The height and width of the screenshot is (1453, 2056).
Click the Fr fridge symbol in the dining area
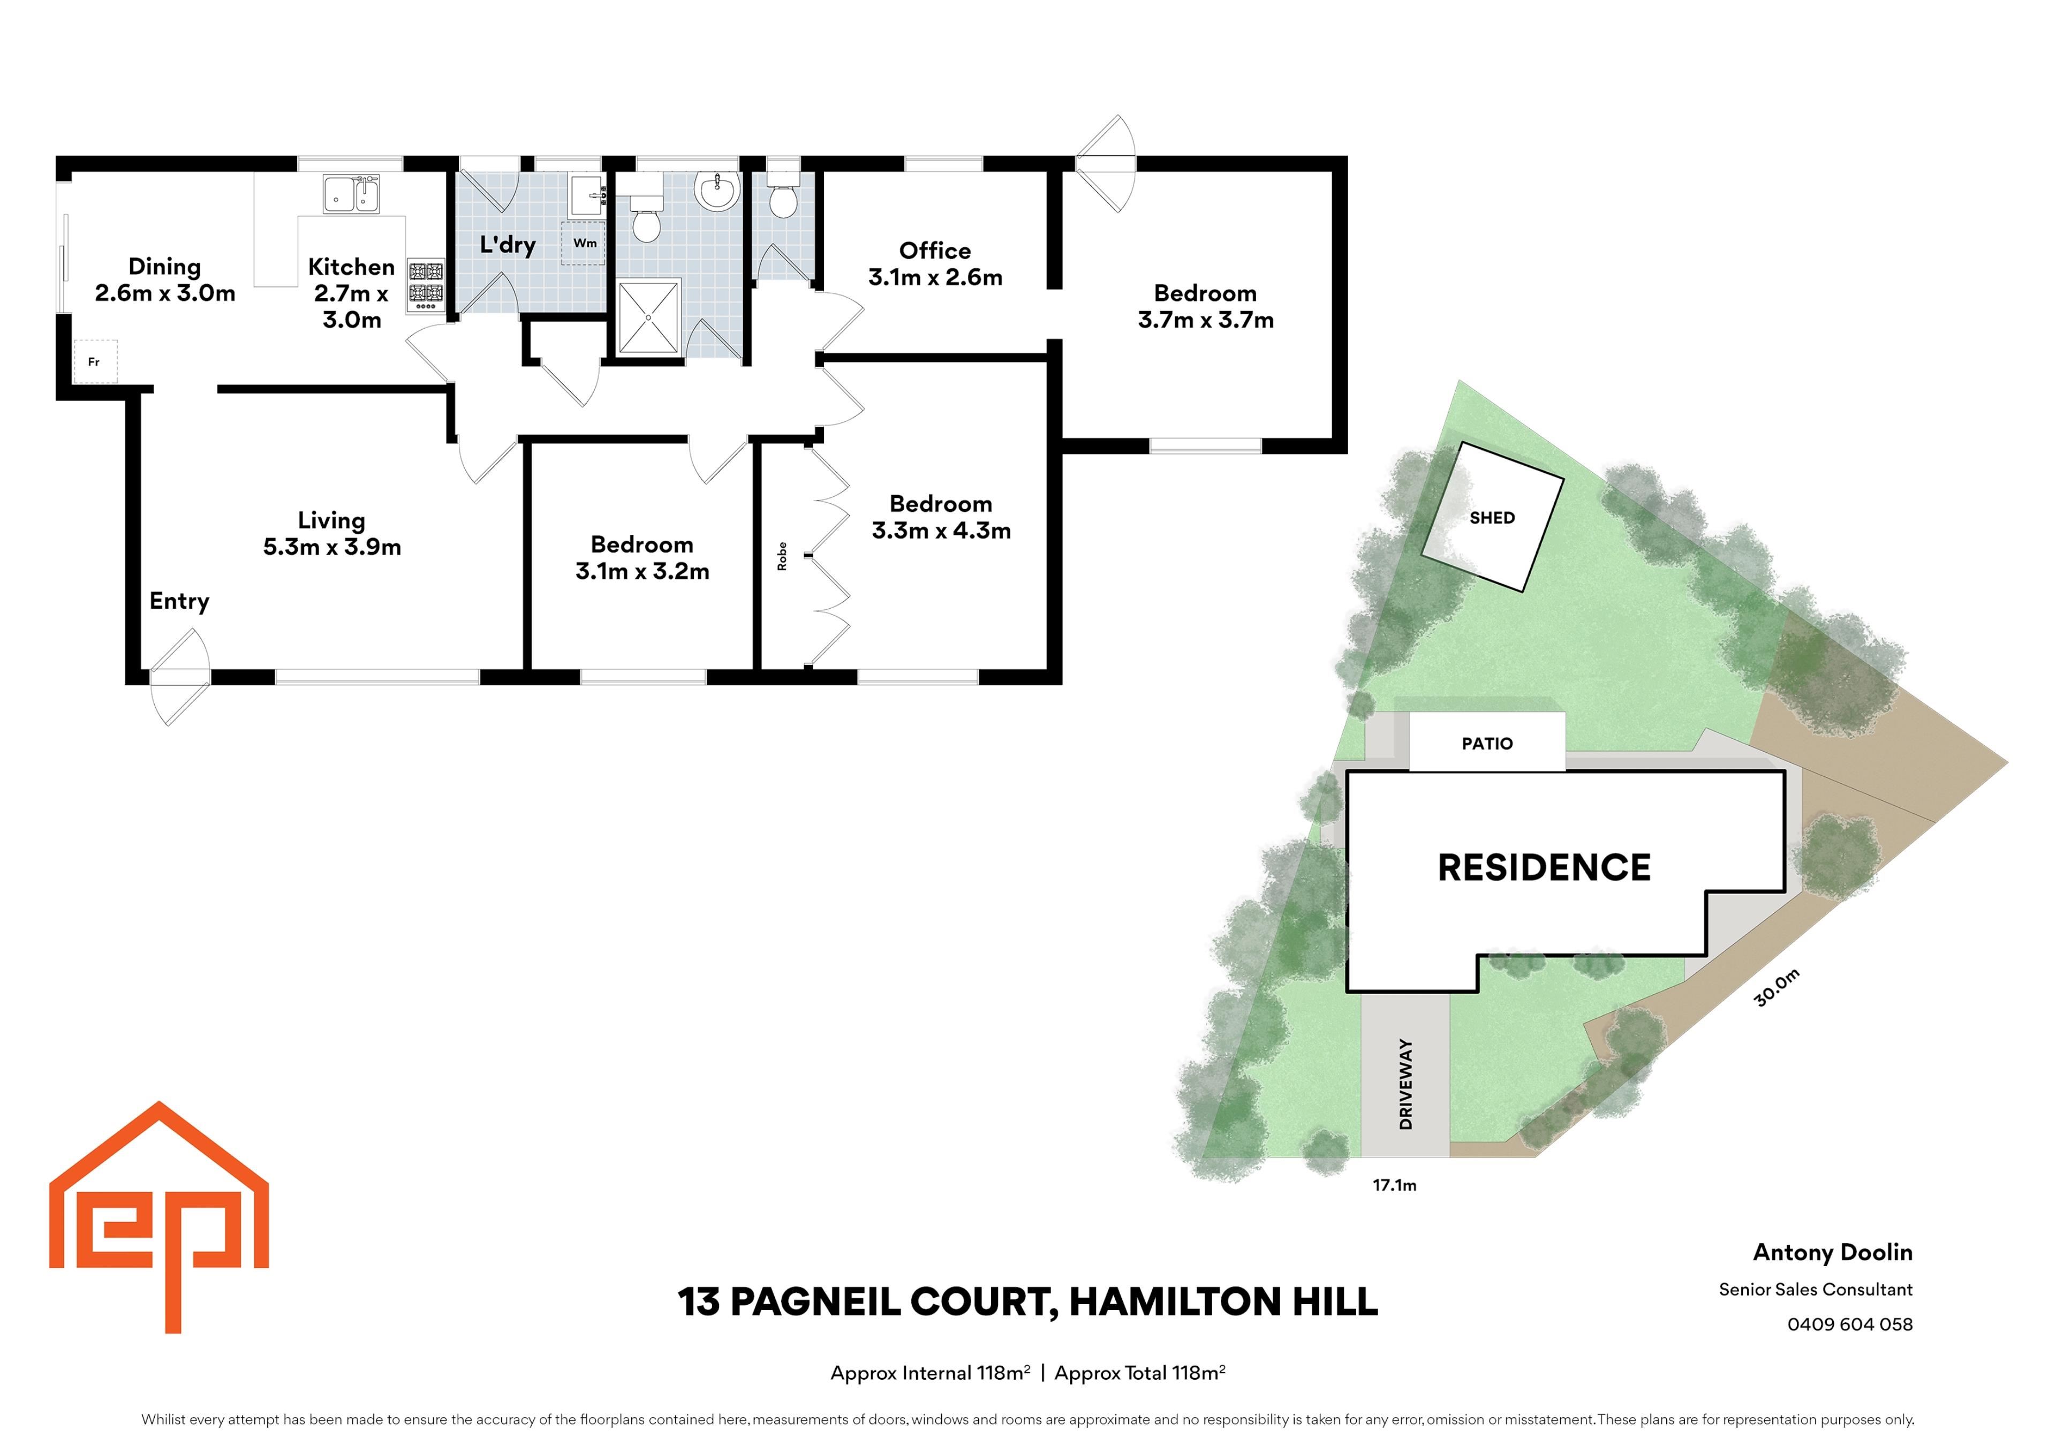click(95, 362)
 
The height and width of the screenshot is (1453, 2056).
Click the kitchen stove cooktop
click(426, 285)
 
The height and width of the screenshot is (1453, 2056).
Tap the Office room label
click(935, 251)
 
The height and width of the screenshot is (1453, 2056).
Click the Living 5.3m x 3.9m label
click(331, 534)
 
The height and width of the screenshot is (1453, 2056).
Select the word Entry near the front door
click(179, 602)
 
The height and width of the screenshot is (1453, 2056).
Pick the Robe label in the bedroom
click(782, 556)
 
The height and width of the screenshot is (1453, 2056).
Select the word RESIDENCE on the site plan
click(1544, 867)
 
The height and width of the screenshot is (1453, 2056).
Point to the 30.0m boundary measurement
click(1777, 987)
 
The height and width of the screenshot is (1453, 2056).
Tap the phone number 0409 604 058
click(1850, 1324)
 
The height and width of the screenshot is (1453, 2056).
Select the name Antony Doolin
click(1833, 1252)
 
